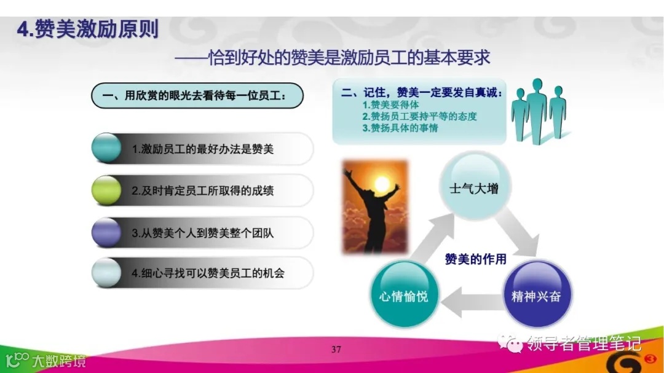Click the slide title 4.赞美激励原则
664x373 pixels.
pyautogui.click(x=88, y=29)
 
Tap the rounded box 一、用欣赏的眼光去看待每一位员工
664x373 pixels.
pyautogui.click(x=197, y=96)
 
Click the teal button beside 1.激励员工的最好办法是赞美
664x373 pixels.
pyautogui.click(x=106, y=149)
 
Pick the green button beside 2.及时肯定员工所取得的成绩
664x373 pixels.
pyautogui.click(x=106, y=190)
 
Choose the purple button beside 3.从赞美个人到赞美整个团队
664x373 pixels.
pyautogui.click(x=106, y=232)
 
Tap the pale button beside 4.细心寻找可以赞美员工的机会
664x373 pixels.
pyautogui.click(x=106, y=273)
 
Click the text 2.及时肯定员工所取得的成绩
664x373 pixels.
pyautogui.click(x=203, y=191)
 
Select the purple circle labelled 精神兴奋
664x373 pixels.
pyautogui.click(x=536, y=295)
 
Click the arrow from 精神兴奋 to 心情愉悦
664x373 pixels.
pyautogui.click(x=470, y=297)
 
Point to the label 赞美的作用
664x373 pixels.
pyautogui.click(x=475, y=259)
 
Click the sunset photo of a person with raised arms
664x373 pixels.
pyautogui.click(x=375, y=208)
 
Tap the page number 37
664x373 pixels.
pyautogui.click(x=336, y=350)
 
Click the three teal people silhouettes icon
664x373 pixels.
pyautogui.click(x=539, y=111)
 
